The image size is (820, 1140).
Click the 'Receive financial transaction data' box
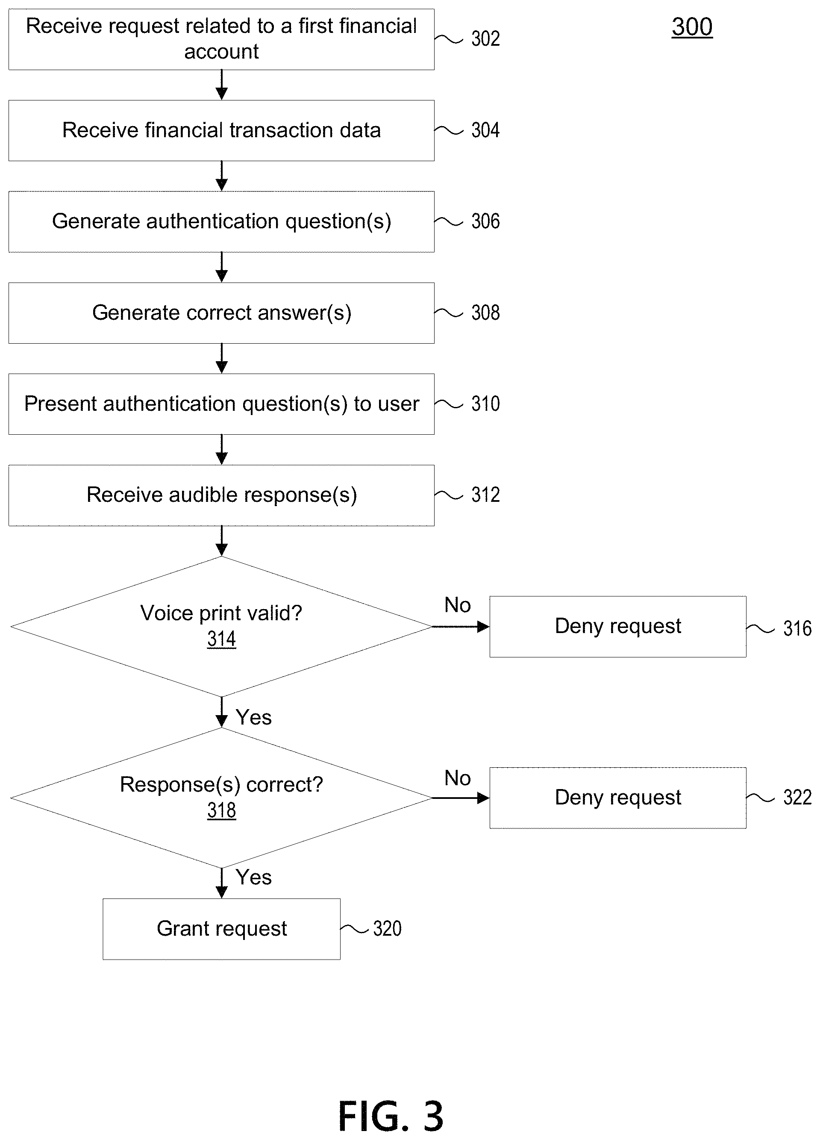(222, 131)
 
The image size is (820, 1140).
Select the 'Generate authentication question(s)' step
(222, 222)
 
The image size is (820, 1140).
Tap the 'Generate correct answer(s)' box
(222, 313)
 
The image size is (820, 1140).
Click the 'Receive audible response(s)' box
(222, 495)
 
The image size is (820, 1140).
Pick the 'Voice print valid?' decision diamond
(222, 626)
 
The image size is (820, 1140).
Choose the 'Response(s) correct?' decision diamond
(222, 798)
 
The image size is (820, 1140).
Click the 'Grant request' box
(222, 929)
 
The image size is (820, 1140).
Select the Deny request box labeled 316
(618, 626)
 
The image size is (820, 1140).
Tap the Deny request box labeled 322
(618, 798)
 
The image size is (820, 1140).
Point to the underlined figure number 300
(692, 27)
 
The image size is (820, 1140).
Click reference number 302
(485, 39)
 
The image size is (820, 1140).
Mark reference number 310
(485, 404)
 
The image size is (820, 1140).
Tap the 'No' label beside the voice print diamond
(457, 605)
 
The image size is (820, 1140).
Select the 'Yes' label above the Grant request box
(254, 877)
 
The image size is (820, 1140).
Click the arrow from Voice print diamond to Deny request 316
(461, 627)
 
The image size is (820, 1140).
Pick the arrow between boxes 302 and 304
(222, 85)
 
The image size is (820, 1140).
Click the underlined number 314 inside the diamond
(222, 639)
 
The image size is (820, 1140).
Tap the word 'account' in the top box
(222, 52)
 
